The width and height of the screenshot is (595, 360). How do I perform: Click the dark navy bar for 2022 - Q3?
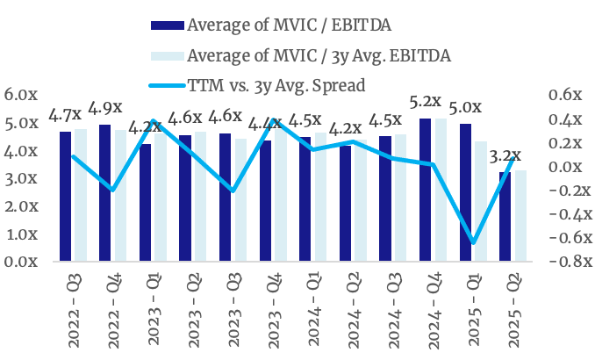(65, 197)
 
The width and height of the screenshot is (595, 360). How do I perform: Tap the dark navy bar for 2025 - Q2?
(505, 217)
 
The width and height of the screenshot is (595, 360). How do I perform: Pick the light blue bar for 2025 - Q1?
(480, 202)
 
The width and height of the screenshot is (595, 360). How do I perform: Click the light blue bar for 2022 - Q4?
(119, 196)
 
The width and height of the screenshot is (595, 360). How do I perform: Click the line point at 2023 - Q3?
(233, 190)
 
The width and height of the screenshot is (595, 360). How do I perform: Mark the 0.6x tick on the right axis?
(565, 95)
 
